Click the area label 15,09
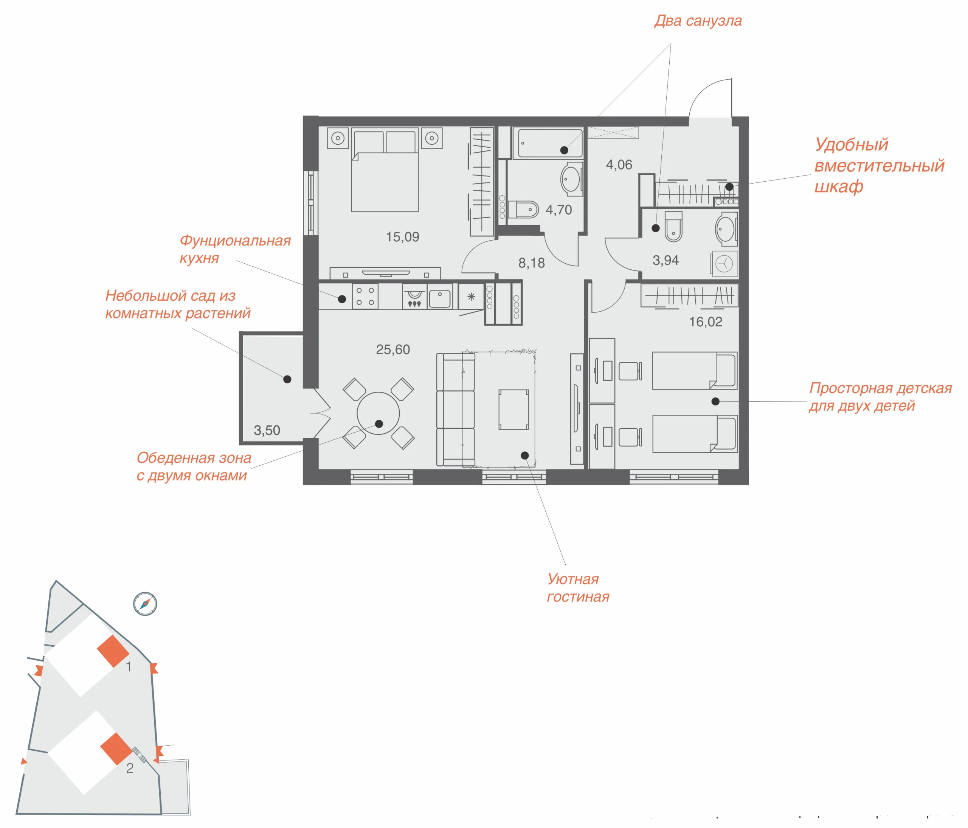point(402,237)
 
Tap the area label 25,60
point(393,349)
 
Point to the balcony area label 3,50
point(267,430)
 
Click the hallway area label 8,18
point(532,263)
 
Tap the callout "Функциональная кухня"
point(235,249)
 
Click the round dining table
point(379,414)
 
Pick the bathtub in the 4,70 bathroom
point(548,143)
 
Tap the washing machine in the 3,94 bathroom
point(724,264)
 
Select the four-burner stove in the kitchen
point(365,297)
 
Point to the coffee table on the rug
point(513,409)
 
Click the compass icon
point(145,604)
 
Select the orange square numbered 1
point(113,650)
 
